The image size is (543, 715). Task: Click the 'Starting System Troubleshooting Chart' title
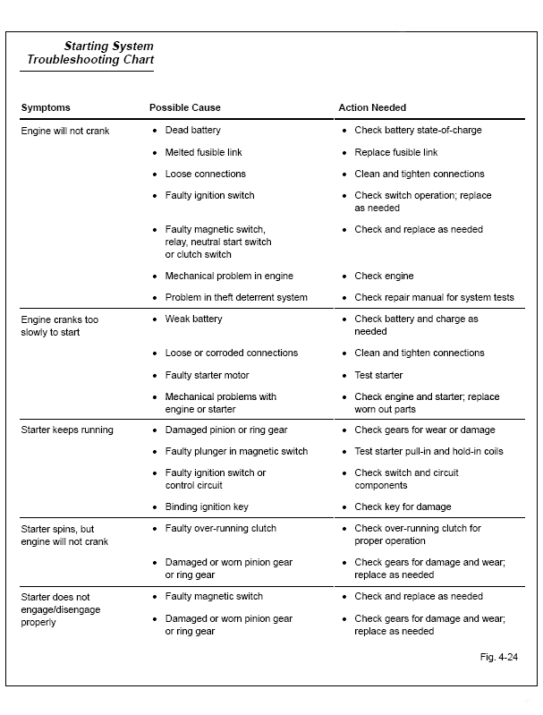(x=89, y=53)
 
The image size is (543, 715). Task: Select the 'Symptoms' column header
(x=46, y=108)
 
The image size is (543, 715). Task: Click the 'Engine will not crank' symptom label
(x=64, y=131)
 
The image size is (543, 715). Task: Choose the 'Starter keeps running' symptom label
(x=67, y=430)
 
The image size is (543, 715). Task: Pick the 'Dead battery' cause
(x=192, y=131)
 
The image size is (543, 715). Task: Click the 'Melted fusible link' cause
(x=203, y=152)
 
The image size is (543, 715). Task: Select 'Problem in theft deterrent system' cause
(x=236, y=297)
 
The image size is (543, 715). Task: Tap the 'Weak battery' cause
(x=193, y=319)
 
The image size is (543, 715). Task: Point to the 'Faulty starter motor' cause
(x=207, y=375)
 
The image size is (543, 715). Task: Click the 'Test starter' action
(x=378, y=375)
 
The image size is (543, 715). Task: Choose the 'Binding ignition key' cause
(x=207, y=506)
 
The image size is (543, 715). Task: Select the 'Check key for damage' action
(x=403, y=506)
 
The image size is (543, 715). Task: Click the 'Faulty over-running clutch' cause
(x=221, y=528)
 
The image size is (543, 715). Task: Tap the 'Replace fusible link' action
(x=395, y=152)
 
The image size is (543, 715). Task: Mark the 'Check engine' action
(x=384, y=276)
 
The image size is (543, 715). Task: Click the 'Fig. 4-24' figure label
(x=499, y=656)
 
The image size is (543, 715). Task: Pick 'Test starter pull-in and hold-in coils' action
(x=428, y=451)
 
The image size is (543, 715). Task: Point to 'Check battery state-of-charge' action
(x=418, y=131)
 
